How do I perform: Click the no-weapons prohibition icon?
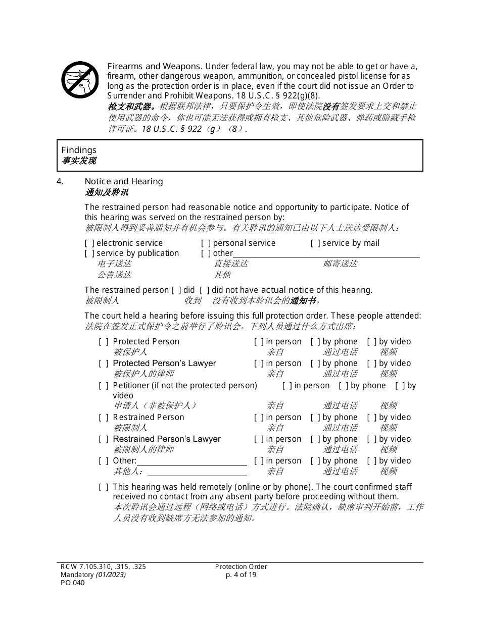(x=80, y=80)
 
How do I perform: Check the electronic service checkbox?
(x=89, y=243)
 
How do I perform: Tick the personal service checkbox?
(x=206, y=243)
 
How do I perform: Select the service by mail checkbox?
(x=315, y=243)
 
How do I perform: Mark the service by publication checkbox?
(x=89, y=253)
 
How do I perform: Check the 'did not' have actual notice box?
(x=204, y=290)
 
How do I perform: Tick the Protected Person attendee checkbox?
(x=104, y=342)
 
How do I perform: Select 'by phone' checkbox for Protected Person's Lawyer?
(x=315, y=364)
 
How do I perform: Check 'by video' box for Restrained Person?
(x=372, y=418)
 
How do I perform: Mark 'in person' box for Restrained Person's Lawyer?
(x=259, y=439)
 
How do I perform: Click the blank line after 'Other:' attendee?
(x=191, y=462)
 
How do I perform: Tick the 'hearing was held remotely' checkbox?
(x=104, y=487)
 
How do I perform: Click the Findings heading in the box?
(x=79, y=150)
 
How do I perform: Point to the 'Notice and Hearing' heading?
(x=124, y=182)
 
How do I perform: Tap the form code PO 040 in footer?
(x=72, y=583)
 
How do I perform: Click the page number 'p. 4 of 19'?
(x=241, y=575)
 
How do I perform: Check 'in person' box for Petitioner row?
(x=287, y=386)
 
